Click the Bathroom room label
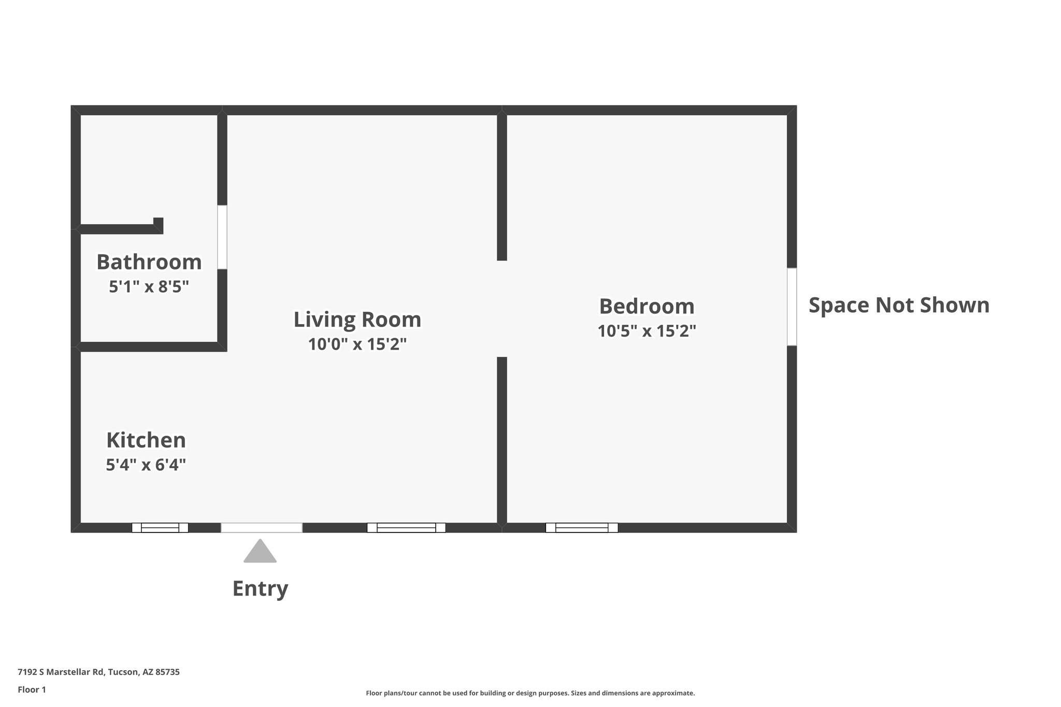(x=149, y=262)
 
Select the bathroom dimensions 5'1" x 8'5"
(x=149, y=286)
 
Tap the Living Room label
(x=357, y=320)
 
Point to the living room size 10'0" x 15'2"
(x=357, y=344)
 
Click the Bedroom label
(x=647, y=306)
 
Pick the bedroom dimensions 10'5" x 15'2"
(x=647, y=331)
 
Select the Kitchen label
(x=146, y=440)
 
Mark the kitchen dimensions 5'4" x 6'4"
(x=146, y=465)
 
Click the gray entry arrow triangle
(x=260, y=552)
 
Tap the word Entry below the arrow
(x=260, y=588)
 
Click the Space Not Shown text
(x=899, y=305)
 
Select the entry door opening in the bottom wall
(x=262, y=528)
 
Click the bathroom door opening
(x=222, y=237)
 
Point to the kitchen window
(x=160, y=528)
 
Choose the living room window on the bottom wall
(x=406, y=528)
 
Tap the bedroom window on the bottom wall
(x=581, y=528)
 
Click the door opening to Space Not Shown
(x=792, y=307)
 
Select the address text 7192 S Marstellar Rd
(x=98, y=672)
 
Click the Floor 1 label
(x=32, y=689)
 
